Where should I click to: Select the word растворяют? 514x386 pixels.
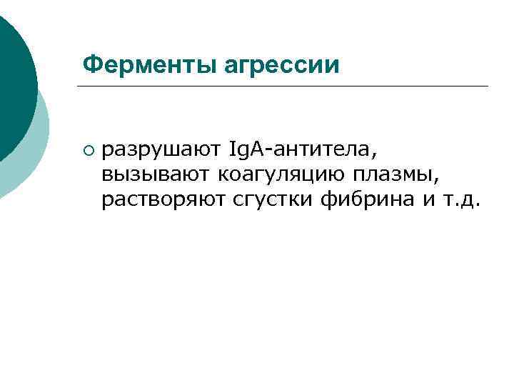click(x=163, y=200)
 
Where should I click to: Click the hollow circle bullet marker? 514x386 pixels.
click(x=88, y=151)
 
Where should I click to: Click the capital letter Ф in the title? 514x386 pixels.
click(x=90, y=65)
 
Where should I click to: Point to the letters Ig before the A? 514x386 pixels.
click(x=238, y=151)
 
